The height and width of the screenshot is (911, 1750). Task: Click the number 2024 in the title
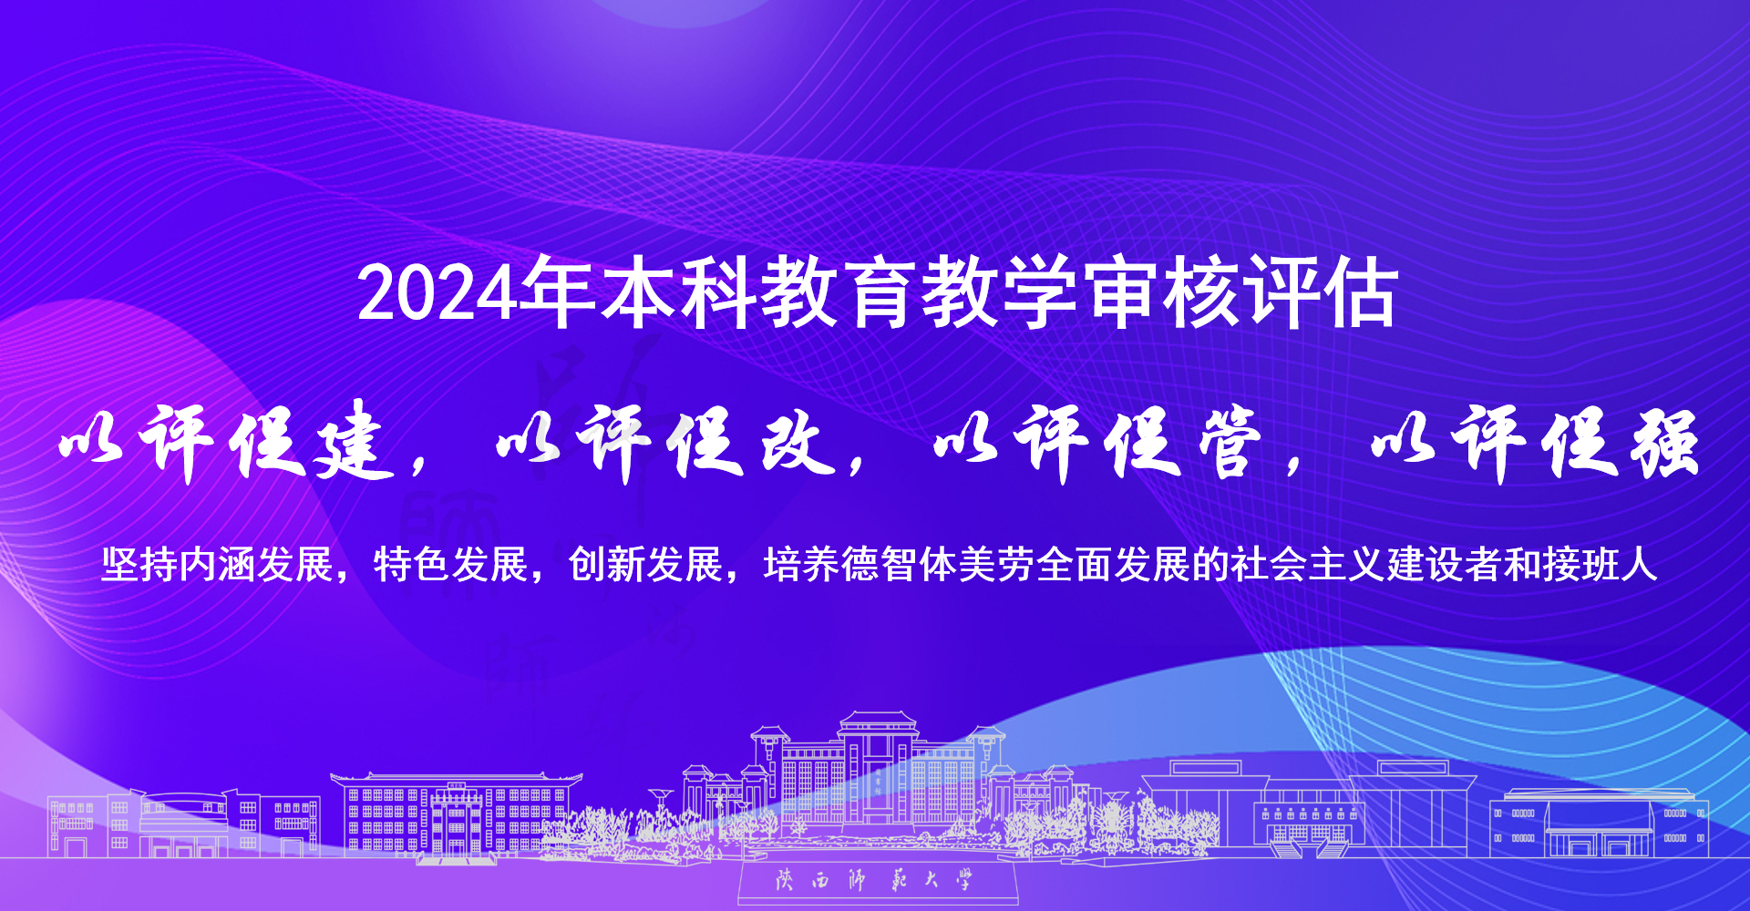(437, 293)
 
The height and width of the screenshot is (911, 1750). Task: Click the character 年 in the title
(557, 292)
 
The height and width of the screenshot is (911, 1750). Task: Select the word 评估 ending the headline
(1322, 292)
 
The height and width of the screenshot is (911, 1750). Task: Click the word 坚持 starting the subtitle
(139, 564)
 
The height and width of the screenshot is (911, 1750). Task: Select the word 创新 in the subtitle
(607, 564)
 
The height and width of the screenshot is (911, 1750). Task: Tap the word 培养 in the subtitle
(802, 564)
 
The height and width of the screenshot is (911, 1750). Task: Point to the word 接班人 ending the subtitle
(1601, 564)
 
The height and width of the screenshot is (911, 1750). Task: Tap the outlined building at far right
(1599, 824)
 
